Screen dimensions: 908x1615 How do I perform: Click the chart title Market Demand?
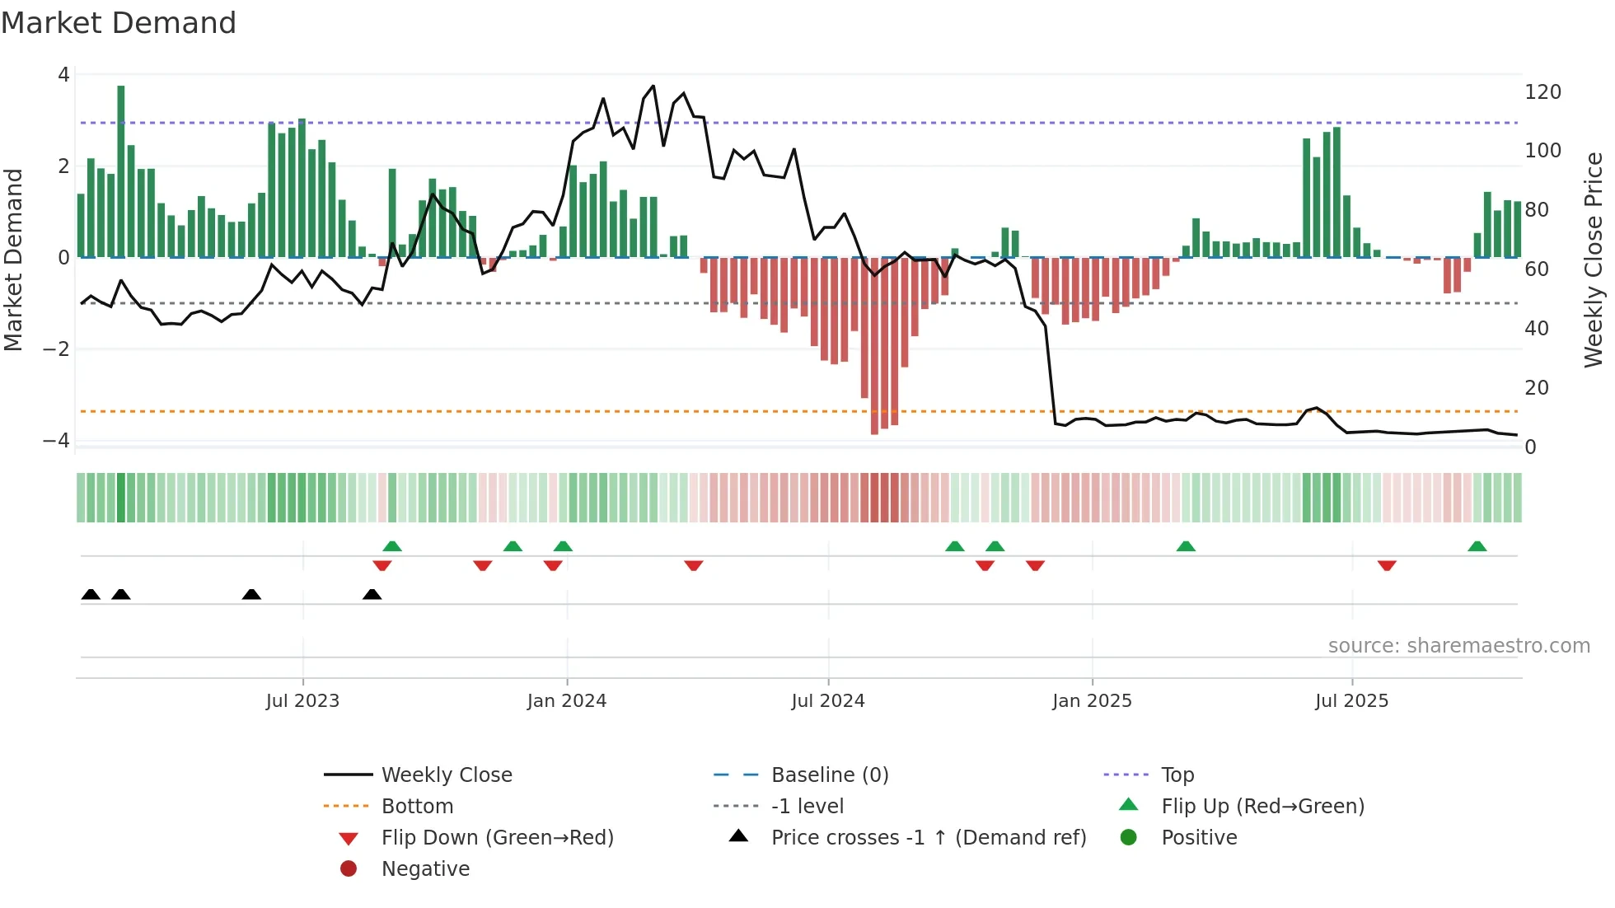[x=119, y=23]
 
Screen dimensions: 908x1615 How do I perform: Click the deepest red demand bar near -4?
[x=874, y=346]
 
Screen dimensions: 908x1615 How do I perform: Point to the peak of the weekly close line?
[x=653, y=87]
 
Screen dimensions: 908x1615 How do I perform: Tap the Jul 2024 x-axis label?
[x=828, y=701]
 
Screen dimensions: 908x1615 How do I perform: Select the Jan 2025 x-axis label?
[x=1092, y=701]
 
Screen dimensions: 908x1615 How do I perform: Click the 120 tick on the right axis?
[x=1542, y=92]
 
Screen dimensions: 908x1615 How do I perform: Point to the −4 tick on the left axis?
[x=56, y=441]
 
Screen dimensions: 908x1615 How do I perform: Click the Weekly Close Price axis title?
[x=1594, y=260]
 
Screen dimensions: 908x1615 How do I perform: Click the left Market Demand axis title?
[x=13, y=260]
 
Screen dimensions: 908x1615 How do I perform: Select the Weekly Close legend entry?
[x=446, y=775]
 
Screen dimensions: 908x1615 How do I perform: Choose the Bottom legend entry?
[x=417, y=807]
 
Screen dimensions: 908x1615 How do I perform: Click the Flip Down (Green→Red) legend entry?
[x=497, y=838]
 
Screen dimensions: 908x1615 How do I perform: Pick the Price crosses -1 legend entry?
[x=928, y=838]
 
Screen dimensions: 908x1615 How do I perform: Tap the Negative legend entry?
[x=425, y=869]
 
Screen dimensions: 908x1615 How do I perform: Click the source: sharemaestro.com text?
[x=1458, y=646]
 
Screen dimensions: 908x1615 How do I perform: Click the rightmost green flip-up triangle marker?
[x=1477, y=546]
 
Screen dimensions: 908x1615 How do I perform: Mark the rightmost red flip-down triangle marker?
[x=1387, y=565]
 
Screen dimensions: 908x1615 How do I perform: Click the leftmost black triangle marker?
[x=91, y=594]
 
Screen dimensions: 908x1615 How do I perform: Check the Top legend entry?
[x=1177, y=775]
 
